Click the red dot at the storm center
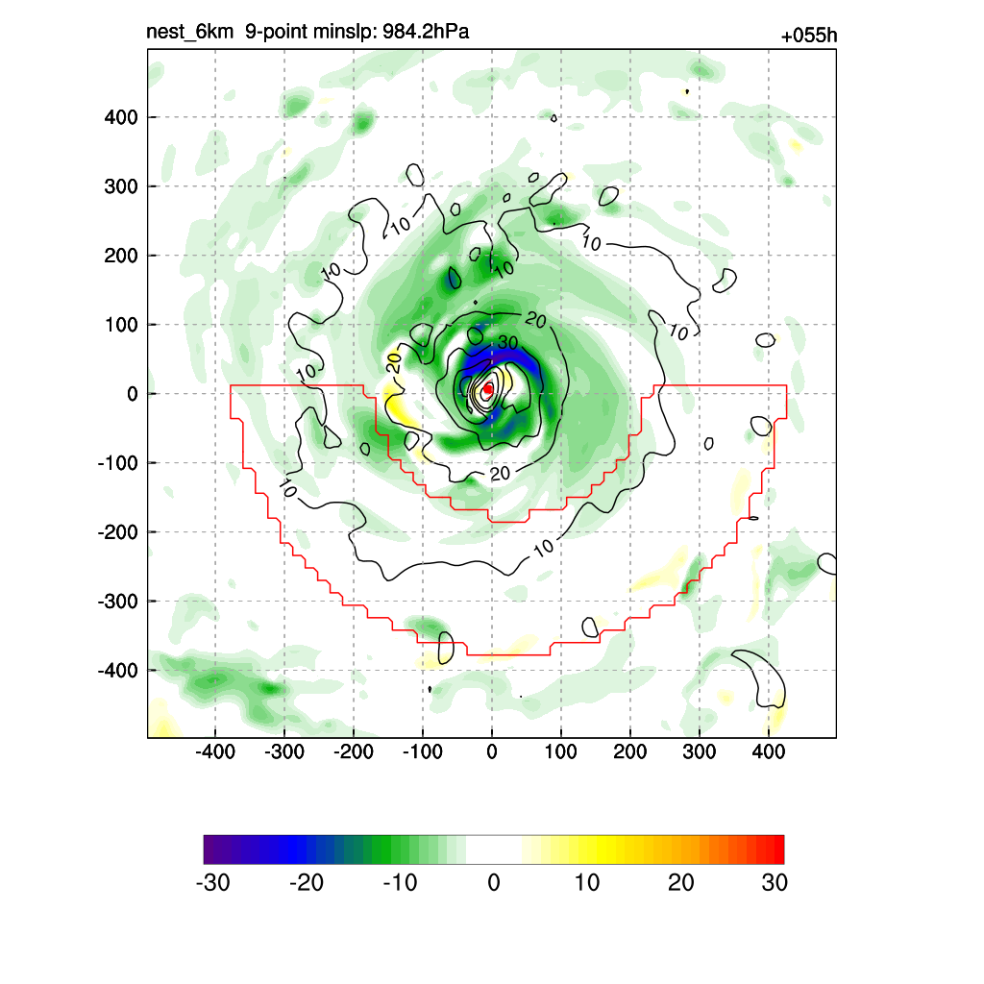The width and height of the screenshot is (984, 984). (x=488, y=389)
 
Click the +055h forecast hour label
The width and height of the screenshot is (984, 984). (x=808, y=37)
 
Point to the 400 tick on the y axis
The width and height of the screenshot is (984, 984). (x=121, y=117)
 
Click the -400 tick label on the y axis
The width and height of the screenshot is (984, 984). (x=118, y=670)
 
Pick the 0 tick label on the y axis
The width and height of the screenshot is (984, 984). (x=133, y=394)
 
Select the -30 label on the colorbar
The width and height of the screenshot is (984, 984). (x=212, y=883)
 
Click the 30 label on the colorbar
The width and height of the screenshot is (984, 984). (x=775, y=883)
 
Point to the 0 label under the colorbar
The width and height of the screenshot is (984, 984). (x=494, y=883)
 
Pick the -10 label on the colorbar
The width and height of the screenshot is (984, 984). (x=399, y=883)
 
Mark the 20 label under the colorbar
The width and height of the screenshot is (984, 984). (x=680, y=883)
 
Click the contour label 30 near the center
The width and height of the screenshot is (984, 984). (x=507, y=343)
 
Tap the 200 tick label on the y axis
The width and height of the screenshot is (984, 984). (x=121, y=256)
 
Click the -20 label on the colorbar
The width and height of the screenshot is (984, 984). (x=307, y=883)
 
